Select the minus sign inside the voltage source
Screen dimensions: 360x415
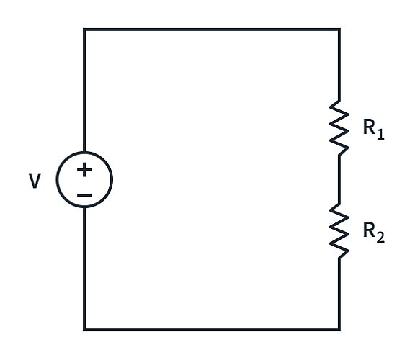[x=84, y=194]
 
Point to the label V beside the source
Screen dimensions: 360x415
[x=35, y=181]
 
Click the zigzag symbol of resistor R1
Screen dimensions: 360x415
[x=339, y=127]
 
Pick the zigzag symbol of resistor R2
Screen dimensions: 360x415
[x=339, y=230]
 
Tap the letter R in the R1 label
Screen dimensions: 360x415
[x=368, y=128]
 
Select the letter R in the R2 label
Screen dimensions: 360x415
[x=368, y=231]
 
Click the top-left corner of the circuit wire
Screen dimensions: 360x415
[x=84, y=30]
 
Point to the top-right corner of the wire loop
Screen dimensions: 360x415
[x=339, y=30]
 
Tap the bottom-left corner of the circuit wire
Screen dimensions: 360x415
[x=84, y=330]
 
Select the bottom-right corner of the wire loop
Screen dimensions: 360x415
[x=339, y=330]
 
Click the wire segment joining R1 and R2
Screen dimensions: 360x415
[x=339, y=179]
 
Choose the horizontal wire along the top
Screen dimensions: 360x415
[x=212, y=30]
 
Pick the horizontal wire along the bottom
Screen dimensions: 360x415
[x=212, y=330]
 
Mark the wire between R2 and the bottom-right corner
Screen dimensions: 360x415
[x=339, y=295]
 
